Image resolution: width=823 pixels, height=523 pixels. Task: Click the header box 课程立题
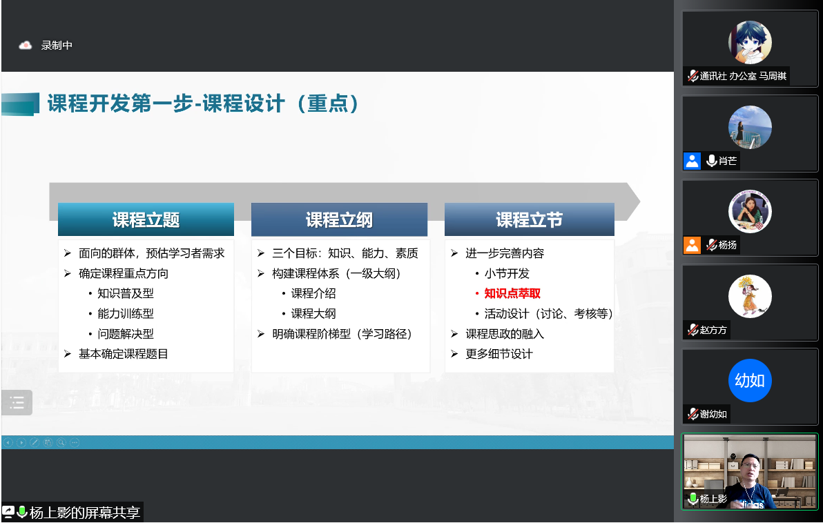146,219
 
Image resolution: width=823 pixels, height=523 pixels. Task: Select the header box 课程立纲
339,219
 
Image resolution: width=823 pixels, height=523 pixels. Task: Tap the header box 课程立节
529,219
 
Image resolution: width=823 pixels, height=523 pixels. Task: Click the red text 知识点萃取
512,293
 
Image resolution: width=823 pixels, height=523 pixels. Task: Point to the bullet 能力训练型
126,314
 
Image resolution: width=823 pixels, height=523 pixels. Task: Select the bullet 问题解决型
126,334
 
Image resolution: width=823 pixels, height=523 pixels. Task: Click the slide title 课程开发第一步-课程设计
165,103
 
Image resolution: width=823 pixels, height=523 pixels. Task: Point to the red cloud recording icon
25,46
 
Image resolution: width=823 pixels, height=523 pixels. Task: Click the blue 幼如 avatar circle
750,380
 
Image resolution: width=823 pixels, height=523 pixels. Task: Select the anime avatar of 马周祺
750,43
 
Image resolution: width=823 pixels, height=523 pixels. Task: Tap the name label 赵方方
713,330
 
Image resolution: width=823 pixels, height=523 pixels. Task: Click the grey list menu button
17,402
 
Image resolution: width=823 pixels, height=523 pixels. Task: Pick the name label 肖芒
728,161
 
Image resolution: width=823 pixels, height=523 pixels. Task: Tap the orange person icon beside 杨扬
692,245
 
